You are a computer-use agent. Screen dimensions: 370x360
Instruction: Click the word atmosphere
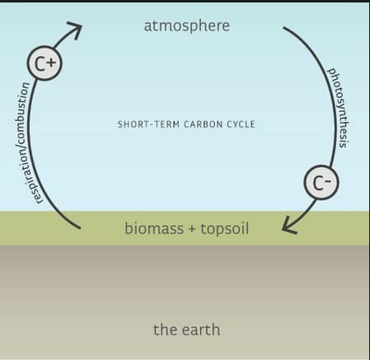(187, 26)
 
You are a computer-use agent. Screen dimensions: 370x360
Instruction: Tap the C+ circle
(44, 63)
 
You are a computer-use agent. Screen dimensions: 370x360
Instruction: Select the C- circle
(321, 182)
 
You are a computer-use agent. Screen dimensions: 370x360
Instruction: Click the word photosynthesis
(339, 108)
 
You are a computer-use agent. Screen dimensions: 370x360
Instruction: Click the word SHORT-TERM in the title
(148, 124)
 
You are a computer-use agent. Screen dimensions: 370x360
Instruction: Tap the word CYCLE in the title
(241, 124)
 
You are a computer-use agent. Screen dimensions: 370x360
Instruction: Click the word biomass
(154, 228)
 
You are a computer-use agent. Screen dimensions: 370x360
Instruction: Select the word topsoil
(225, 229)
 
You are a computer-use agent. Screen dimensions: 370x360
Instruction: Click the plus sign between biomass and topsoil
(192, 229)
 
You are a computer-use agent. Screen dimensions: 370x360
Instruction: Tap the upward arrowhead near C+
(75, 30)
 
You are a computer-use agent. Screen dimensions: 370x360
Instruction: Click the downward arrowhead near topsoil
(289, 227)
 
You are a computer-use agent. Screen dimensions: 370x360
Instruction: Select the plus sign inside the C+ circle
(51, 63)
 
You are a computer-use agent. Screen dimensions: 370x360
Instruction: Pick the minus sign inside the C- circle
(327, 180)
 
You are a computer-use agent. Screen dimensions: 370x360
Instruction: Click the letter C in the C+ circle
(40, 63)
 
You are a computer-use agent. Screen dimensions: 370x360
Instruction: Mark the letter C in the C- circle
(318, 183)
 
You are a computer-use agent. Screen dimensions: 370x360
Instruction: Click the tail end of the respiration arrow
(80, 228)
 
